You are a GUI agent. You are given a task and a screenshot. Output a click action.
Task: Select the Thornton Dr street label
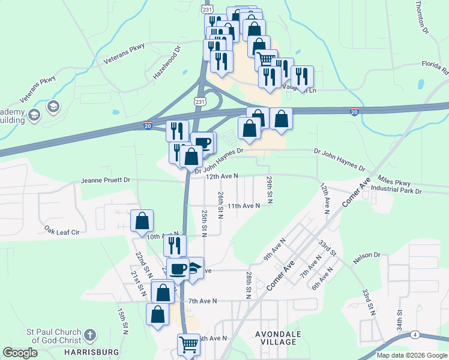[422, 16]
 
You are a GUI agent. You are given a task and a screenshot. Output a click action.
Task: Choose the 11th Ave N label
[243, 206]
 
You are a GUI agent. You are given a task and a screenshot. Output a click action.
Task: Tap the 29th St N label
[270, 189]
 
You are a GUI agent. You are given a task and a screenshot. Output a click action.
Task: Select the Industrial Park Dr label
[396, 190]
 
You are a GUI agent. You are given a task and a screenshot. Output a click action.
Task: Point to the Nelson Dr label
[367, 255]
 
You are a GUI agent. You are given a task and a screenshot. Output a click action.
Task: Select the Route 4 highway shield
[415, 334]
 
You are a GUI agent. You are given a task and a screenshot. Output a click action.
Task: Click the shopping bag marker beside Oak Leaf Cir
[142, 220]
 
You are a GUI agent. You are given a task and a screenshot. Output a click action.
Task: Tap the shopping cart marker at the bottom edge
[188, 344]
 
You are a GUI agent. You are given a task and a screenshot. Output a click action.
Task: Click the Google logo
[20, 353]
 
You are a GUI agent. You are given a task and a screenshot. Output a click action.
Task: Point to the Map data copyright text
[411, 355]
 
